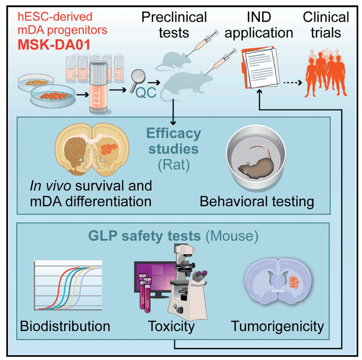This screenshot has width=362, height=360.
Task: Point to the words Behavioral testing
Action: (256, 200)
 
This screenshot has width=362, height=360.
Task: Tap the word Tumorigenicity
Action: (277, 325)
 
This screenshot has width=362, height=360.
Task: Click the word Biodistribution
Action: (65, 325)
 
